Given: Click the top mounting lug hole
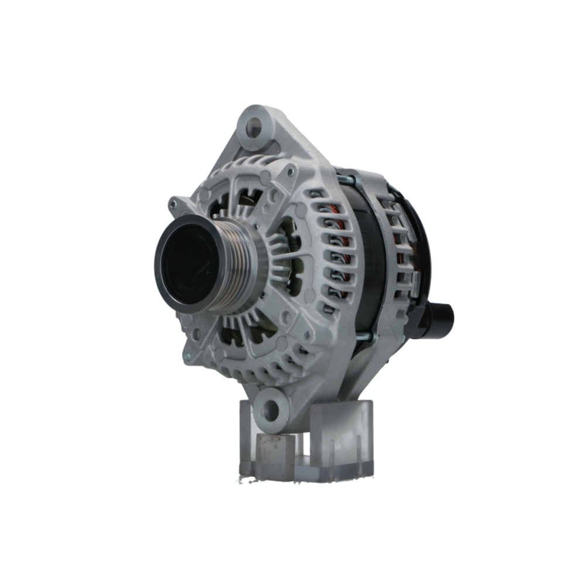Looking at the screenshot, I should (254, 127).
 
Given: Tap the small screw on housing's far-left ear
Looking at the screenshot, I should (173, 205).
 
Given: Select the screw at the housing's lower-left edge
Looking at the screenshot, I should (188, 356).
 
